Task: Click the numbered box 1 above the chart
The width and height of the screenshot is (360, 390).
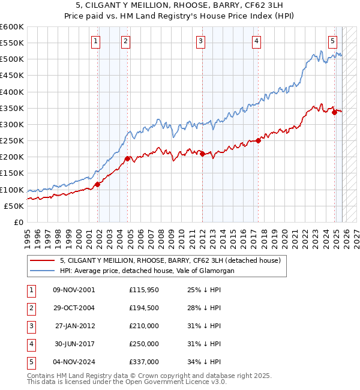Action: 96,41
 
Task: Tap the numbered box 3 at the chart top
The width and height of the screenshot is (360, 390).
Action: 200,41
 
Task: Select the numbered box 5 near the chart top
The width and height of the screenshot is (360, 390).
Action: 332,41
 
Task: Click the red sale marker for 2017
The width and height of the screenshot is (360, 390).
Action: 258,140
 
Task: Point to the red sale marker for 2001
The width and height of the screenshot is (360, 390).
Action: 97,184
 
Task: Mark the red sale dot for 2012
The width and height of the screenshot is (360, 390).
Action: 202,154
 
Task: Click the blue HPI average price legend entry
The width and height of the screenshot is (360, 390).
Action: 148,271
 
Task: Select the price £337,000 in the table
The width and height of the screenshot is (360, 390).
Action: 143,362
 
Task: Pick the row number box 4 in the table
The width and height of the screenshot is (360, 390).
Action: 31,344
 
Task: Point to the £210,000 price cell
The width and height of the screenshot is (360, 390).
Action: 143,326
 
